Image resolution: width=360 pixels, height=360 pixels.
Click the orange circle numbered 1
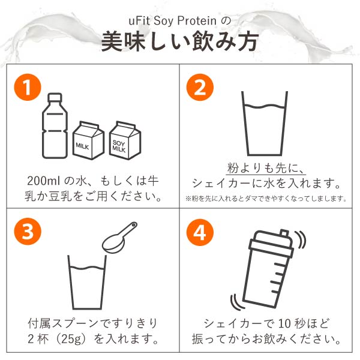[28, 87]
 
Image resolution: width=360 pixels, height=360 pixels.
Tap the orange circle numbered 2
[200, 87]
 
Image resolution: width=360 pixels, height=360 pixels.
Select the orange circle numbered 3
[28, 232]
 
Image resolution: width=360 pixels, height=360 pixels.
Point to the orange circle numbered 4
[200, 232]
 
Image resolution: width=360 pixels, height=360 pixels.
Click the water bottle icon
[55, 126]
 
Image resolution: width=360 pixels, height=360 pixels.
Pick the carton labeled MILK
[88, 140]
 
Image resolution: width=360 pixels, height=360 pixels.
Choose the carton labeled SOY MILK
[125, 140]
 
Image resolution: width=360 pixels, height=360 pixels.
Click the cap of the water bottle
[55, 97]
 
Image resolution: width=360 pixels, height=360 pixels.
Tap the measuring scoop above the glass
[119, 238]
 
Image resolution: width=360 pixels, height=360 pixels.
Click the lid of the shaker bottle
[272, 244]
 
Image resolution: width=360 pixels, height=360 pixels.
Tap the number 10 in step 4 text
[284, 324]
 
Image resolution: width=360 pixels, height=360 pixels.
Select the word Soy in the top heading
[163, 21]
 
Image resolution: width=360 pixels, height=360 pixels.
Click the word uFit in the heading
[139, 20]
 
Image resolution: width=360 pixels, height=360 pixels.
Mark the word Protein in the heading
[197, 20]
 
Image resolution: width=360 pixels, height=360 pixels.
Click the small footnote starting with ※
[266, 199]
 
